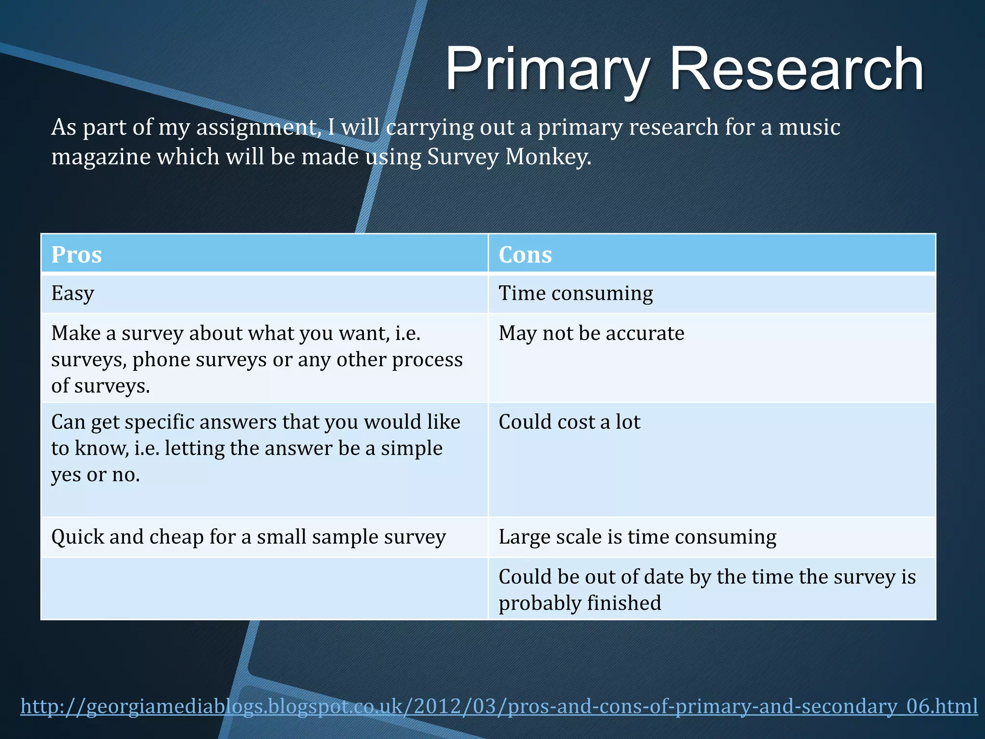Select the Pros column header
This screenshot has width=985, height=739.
click(x=76, y=255)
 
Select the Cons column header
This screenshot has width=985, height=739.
click(x=525, y=255)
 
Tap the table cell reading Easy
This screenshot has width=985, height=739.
click(x=73, y=293)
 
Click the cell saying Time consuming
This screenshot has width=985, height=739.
click(x=576, y=293)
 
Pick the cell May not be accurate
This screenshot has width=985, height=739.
click(x=591, y=333)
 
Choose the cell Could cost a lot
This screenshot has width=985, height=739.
click(x=569, y=422)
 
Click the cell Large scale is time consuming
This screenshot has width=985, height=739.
click(x=637, y=537)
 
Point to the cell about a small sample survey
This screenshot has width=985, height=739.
click(x=249, y=537)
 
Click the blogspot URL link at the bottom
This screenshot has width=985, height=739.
click(x=499, y=706)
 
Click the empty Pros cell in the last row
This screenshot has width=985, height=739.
click(x=265, y=589)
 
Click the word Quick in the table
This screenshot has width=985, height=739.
click(x=77, y=537)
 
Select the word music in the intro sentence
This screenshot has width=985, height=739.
click(x=809, y=127)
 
